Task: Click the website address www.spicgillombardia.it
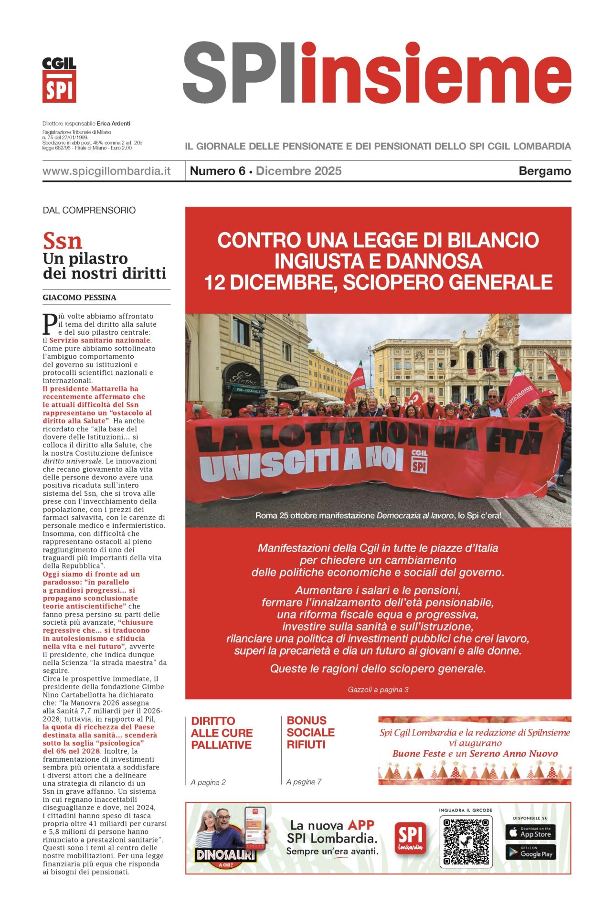(x=106, y=171)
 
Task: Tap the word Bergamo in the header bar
(x=544, y=171)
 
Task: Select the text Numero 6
(x=217, y=171)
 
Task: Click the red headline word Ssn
(x=62, y=241)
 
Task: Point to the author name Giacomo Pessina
(x=79, y=298)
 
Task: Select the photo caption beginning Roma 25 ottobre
(x=378, y=516)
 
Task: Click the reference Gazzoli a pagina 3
(x=378, y=690)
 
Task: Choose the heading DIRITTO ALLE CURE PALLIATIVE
(x=222, y=733)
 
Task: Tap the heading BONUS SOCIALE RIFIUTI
(x=310, y=732)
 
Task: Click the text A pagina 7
(x=304, y=782)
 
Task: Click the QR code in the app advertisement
(x=466, y=842)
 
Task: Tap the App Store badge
(x=530, y=832)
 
